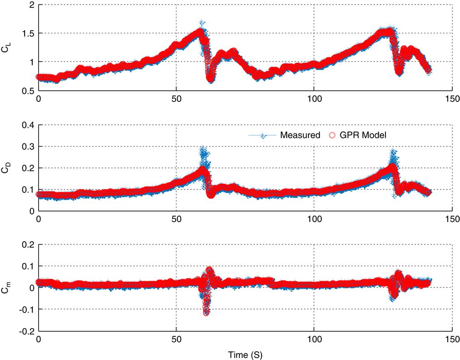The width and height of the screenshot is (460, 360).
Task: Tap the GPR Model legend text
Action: tap(363, 135)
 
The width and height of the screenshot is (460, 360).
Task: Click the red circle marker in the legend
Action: tap(332, 135)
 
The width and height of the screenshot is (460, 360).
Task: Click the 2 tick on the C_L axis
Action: tap(31, 5)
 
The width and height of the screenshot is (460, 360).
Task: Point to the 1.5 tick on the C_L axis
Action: tap(28, 34)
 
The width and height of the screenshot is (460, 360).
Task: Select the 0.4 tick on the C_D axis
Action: tap(28, 125)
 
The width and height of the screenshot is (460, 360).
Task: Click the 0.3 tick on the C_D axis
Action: tap(28, 147)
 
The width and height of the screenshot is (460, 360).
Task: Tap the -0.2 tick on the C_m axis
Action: tap(26, 331)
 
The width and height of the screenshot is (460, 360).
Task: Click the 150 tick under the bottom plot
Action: tap(451, 339)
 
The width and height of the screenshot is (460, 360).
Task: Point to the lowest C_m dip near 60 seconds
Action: tap(206, 313)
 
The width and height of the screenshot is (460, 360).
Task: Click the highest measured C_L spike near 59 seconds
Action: tap(201, 22)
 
